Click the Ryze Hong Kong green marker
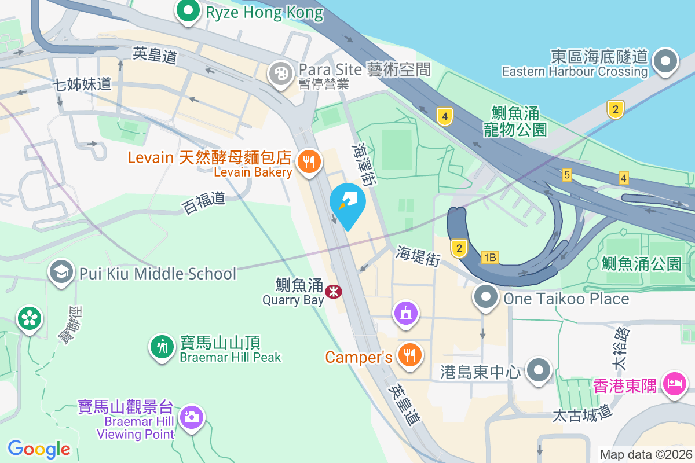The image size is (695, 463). [188, 12]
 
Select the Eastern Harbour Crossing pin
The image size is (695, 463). [665, 61]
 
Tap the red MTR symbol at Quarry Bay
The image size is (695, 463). [334, 291]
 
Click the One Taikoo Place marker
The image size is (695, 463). [486, 297]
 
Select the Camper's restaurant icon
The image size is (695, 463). [410, 356]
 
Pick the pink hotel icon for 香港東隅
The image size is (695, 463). [675, 383]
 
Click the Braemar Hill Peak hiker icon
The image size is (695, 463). [162, 346]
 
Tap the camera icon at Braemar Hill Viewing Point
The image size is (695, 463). [192, 417]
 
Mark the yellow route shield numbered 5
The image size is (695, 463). [566, 174]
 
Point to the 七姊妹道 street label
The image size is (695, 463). [82, 84]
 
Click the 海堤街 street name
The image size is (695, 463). [419, 255]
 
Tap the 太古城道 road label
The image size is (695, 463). [582, 415]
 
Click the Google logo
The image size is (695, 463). [39, 449]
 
